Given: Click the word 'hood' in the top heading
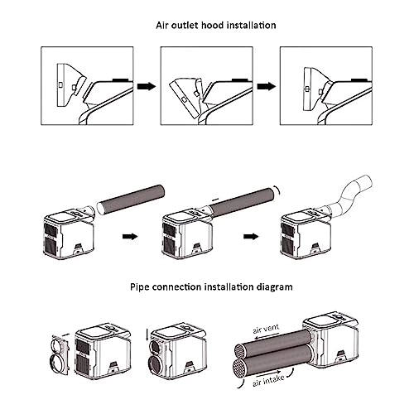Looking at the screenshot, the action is (x=212, y=25).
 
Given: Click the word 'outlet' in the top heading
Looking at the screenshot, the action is (x=185, y=25).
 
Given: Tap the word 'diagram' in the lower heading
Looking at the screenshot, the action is (x=275, y=287).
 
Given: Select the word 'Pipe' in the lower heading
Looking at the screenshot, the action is (x=140, y=287).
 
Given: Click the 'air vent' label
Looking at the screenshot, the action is (x=266, y=328).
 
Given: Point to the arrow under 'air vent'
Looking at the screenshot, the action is (x=267, y=336).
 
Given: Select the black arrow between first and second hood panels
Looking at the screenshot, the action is (x=147, y=86).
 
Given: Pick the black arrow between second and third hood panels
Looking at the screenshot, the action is (x=267, y=86).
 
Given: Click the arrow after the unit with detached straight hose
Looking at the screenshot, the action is (x=130, y=236).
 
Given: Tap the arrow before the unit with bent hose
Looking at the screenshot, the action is (x=251, y=236).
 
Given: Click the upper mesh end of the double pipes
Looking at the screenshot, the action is (x=238, y=351).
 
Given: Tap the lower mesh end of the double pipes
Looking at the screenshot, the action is (x=238, y=368).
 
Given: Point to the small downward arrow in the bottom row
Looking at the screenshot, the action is (x=147, y=335).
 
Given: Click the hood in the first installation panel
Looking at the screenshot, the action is (x=71, y=85).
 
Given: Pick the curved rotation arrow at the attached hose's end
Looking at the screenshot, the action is (x=277, y=190).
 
